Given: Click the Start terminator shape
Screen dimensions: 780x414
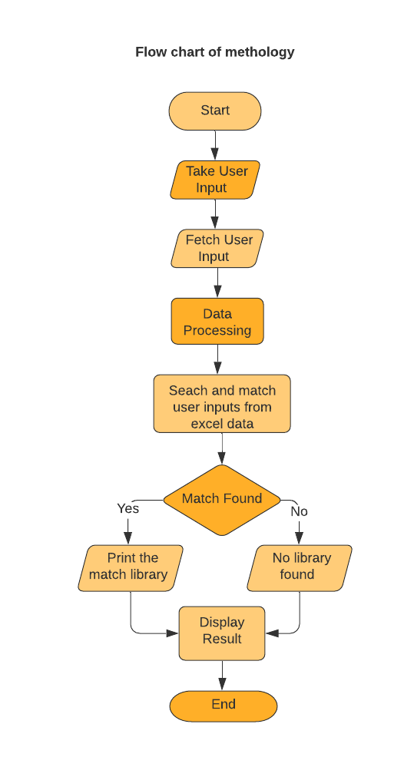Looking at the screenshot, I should tap(215, 111).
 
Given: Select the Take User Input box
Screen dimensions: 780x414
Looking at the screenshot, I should tap(215, 180).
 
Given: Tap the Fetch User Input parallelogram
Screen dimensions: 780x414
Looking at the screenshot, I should tap(217, 248).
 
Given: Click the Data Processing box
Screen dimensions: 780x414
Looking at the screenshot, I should tap(217, 322).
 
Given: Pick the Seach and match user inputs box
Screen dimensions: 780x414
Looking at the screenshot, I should tap(222, 407).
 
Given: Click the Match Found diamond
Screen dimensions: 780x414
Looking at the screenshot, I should tap(222, 499).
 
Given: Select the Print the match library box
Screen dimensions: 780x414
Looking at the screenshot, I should tap(131, 567).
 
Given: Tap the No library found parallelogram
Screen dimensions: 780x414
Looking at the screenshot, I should tap(299, 567).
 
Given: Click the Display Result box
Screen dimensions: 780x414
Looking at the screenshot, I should tap(222, 631).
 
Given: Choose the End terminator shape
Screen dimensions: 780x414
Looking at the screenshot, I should tap(224, 705).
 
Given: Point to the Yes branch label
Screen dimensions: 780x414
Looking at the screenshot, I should tap(128, 508).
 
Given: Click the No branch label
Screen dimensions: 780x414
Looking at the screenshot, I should tap(299, 511).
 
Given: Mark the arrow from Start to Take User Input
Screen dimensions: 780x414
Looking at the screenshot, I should tap(215, 145).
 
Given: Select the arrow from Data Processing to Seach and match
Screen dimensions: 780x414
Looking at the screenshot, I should tap(217, 359).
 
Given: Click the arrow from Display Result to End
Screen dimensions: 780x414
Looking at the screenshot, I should tap(223, 676).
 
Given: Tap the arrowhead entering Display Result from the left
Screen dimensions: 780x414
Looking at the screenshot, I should tap(174, 633).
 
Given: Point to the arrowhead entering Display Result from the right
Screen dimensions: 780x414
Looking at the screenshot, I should tap(271, 633).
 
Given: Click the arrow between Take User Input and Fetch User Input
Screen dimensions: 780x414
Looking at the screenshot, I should tap(215, 213).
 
